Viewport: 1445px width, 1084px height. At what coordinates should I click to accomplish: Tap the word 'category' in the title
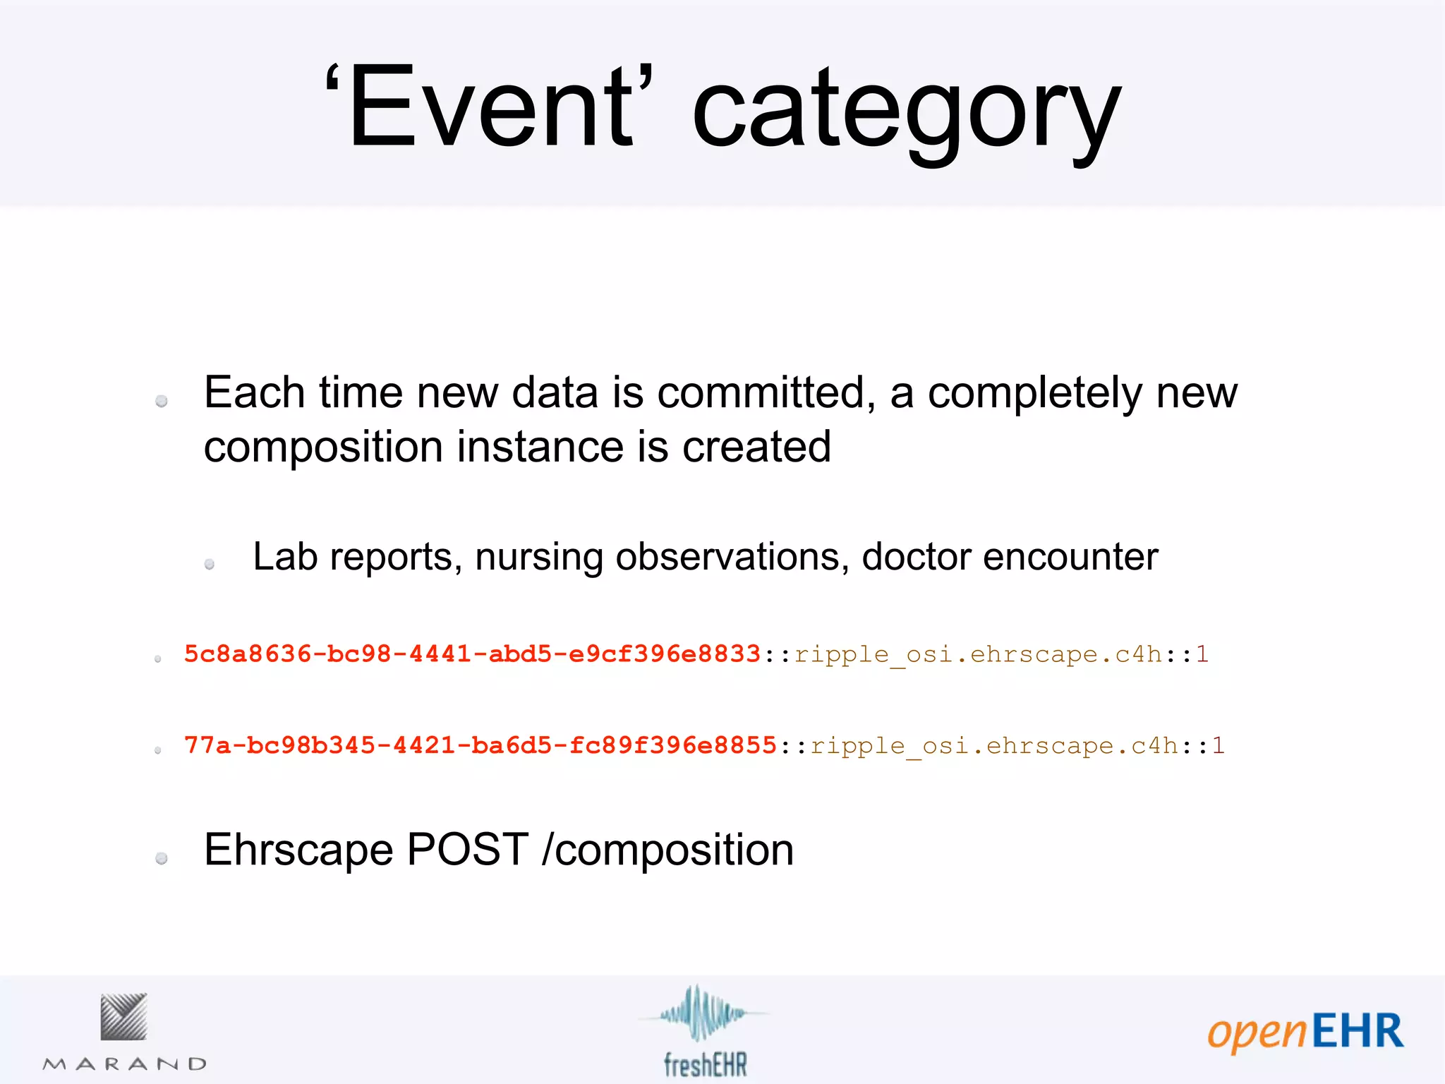[x=906, y=113]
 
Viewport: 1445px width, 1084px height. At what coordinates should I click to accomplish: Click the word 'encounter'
[x=1070, y=557]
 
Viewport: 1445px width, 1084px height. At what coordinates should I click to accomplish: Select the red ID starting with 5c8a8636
[x=472, y=654]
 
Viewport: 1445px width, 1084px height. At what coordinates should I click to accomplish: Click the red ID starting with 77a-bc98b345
[x=480, y=745]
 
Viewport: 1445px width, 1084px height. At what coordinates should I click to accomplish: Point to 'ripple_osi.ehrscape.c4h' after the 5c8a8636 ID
[x=978, y=655]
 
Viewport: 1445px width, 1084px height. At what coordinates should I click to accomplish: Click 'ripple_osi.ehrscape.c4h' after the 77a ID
[x=994, y=746]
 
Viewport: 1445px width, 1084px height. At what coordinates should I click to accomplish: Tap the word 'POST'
[x=468, y=849]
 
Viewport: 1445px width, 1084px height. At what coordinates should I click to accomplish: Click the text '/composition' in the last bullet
[x=667, y=850]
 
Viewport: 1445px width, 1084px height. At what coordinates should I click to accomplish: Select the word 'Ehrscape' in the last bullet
[x=298, y=849]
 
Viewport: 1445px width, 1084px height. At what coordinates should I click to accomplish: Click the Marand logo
[x=124, y=1031]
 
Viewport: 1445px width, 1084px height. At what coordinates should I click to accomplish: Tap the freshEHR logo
[x=704, y=1031]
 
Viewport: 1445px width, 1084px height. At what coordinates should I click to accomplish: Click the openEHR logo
[x=1305, y=1031]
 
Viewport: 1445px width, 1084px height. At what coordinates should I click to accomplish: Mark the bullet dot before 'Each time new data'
[x=162, y=401]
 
